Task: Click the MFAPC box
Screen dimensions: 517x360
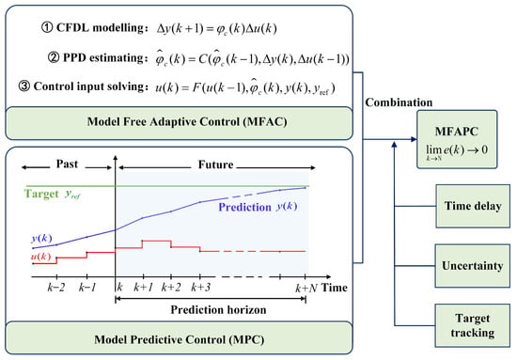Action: [x=457, y=139]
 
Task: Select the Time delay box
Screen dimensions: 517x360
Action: [x=473, y=206]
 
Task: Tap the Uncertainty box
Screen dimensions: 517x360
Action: [x=473, y=266]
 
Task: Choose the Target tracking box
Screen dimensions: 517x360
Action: [x=473, y=325]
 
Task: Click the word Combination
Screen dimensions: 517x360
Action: [x=399, y=102]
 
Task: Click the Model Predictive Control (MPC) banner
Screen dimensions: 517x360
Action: [x=179, y=338]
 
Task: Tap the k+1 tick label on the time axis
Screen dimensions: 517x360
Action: [x=144, y=288]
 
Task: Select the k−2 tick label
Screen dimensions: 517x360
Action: [x=55, y=288]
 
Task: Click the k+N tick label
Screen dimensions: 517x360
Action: [x=306, y=289]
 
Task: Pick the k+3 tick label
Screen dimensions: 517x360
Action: [x=200, y=288]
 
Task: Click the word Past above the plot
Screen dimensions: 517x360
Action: [x=67, y=164]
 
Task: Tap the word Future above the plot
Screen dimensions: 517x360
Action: [x=215, y=164]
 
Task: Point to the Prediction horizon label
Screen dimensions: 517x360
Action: [x=218, y=310]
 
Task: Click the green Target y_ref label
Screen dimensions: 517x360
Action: [x=52, y=194]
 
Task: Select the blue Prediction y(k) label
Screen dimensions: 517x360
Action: [x=258, y=207]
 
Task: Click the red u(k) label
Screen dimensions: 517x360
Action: [x=41, y=257]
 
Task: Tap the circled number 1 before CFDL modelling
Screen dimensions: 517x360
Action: [x=47, y=27]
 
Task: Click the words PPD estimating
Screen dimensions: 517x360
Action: [x=103, y=57]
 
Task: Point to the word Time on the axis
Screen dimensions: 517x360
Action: [x=335, y=288]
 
